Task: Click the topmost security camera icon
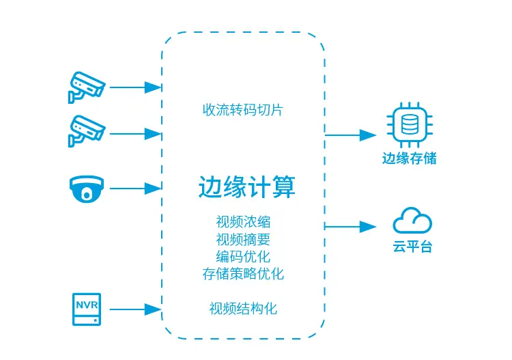[86, 87]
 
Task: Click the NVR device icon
[87, 309]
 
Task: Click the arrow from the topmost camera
[135, 87]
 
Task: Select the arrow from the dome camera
[135, 187]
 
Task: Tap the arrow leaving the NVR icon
[135, 309]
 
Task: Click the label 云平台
[412, 247]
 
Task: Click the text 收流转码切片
[242, 109]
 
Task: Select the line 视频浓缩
[242, 223]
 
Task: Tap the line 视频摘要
[242, 240]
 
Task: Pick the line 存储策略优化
[242, 275]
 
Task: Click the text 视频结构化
[242, 308]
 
